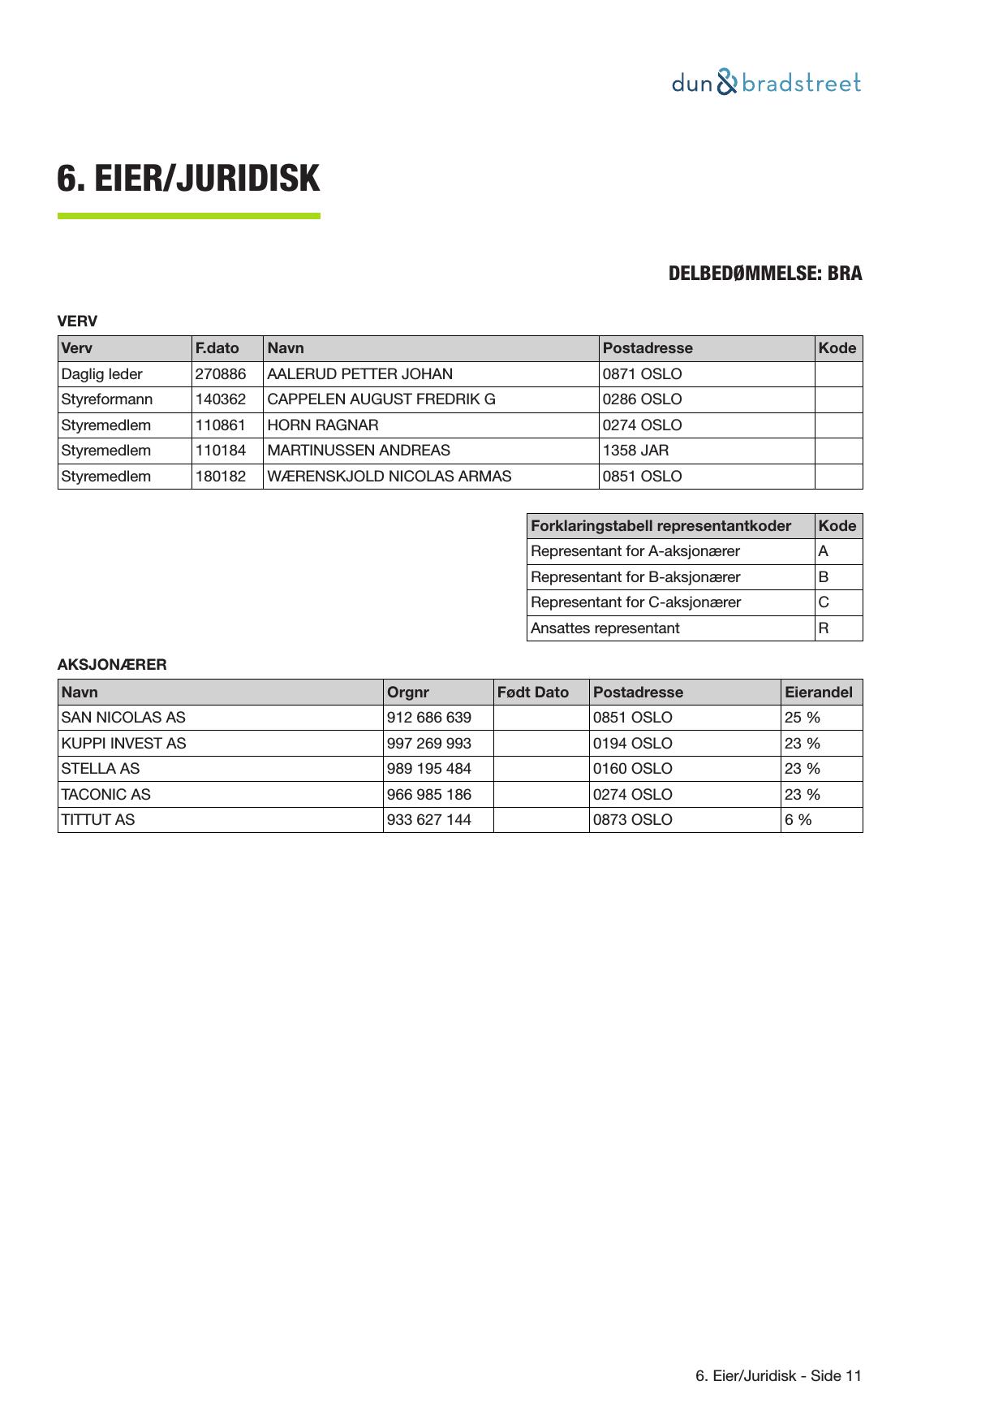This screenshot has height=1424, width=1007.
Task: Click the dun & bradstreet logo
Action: coord(766,83)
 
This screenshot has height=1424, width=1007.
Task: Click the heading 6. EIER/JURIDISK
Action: coord(188,179)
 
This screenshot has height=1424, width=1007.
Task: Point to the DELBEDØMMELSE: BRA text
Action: coord(764,274)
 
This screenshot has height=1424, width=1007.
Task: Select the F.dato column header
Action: coord(217,348)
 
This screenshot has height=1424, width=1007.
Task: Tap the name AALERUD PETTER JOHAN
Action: coord(359,374)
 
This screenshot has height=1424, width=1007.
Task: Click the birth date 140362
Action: coord(220,399)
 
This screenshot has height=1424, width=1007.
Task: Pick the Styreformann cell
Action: coord(106,399)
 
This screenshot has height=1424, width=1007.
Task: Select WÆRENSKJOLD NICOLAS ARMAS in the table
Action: coord(389,477)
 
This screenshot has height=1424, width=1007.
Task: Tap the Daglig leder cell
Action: coord(101,374)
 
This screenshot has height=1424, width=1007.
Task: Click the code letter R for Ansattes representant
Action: coord(823,628)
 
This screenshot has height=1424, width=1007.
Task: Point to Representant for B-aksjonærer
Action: coord(635,577)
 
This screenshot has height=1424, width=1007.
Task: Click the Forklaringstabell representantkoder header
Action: coord(661,526)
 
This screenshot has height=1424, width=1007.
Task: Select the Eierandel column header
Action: coord(818,693)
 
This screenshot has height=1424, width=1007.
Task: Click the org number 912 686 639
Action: coord(428,718)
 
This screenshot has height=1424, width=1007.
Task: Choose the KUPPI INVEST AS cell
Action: coord(123,744)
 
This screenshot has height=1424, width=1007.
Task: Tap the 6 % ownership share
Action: coord(798,820)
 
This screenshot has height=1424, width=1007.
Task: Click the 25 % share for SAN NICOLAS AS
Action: coord(802,718)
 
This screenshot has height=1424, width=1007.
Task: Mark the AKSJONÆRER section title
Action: coord(112,665)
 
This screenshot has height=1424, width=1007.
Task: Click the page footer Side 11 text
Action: coord(778,1375)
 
